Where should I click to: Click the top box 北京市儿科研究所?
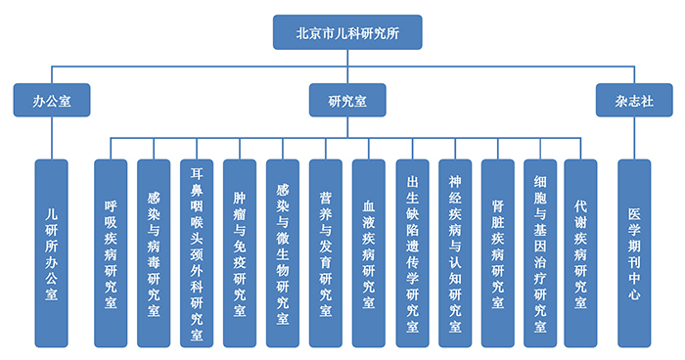(346, 31)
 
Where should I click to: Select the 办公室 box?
(52, 100)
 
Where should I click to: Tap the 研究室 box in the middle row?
(347, 100)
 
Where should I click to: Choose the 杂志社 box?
(628, 100)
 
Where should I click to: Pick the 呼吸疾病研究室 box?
(111, 252)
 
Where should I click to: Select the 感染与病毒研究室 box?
(154, 252)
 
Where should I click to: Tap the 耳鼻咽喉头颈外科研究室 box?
(197, 252)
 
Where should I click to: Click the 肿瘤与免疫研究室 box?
(240, 252)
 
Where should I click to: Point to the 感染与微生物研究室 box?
(283, 252)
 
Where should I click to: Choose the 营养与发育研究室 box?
(326, 252)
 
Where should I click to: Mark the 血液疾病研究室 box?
(369, 252)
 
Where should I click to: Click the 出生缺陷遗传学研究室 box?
(412, 252)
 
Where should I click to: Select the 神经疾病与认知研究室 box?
(455, 252)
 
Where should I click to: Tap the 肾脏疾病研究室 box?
(498, 252)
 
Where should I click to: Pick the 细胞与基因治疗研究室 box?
(541, 252)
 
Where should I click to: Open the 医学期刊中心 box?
(634, 252)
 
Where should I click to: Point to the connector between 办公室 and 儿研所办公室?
(52, 137)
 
